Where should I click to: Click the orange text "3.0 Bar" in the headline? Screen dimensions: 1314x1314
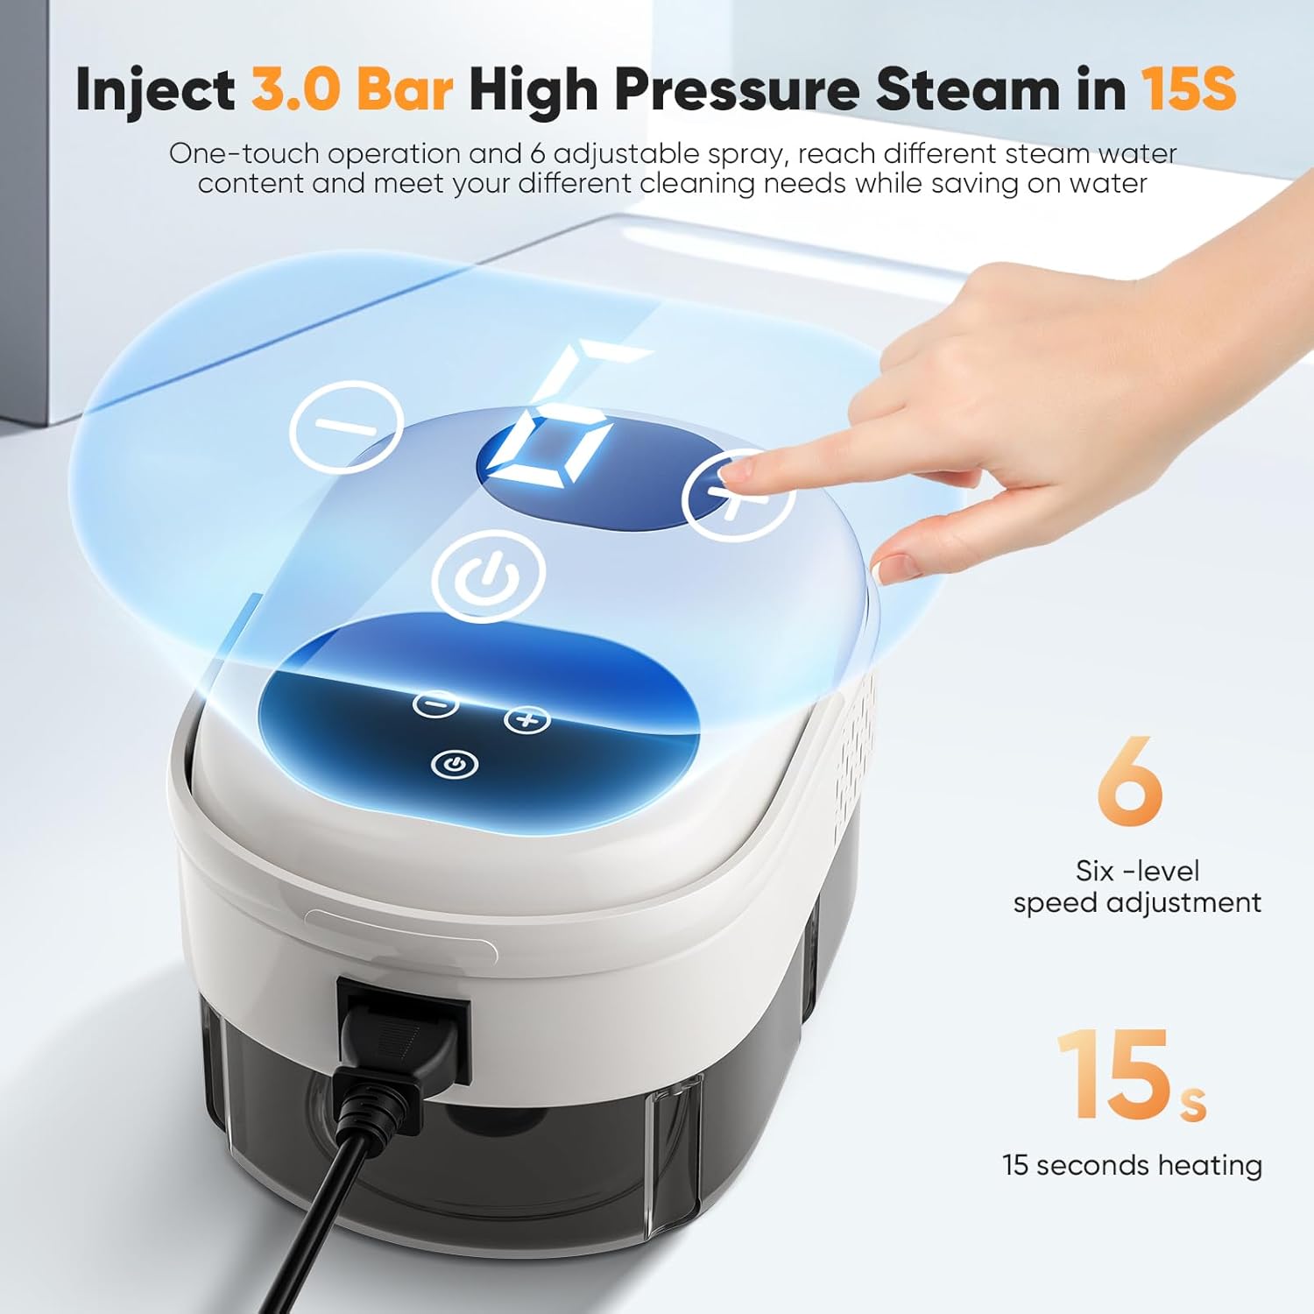[352, 89]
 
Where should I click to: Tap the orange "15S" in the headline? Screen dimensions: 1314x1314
[1188, 89]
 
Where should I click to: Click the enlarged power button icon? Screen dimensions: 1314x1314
[488, 576]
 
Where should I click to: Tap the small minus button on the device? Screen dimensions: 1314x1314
[435, 703]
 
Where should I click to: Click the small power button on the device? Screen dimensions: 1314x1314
[455, 766]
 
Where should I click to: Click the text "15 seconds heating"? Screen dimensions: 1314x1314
[1132, 1165]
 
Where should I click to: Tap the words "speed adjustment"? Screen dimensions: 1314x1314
[1137, 903]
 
